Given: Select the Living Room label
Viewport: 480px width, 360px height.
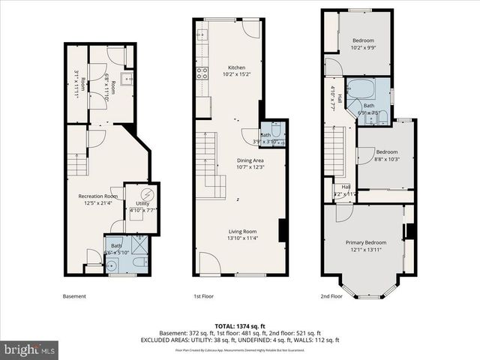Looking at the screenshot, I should (x=243, y=231).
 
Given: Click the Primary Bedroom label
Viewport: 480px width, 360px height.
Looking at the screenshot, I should (x=366, y=242).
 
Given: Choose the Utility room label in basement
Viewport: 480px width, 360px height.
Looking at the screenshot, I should (x=142, y=203).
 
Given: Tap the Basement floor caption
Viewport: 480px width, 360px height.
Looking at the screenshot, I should (x=73, y=296).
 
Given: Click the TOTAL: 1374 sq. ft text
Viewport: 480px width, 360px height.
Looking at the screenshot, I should (x=240, y=325).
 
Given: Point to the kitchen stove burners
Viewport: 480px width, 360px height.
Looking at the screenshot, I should (x=201, y=73).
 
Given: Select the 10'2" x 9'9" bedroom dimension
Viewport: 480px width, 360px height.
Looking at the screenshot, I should (x=364, y=48).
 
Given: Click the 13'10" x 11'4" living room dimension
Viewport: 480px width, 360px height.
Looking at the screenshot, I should (x=243, y=239).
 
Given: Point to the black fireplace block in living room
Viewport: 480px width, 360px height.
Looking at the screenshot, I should (x=282, y=230).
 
